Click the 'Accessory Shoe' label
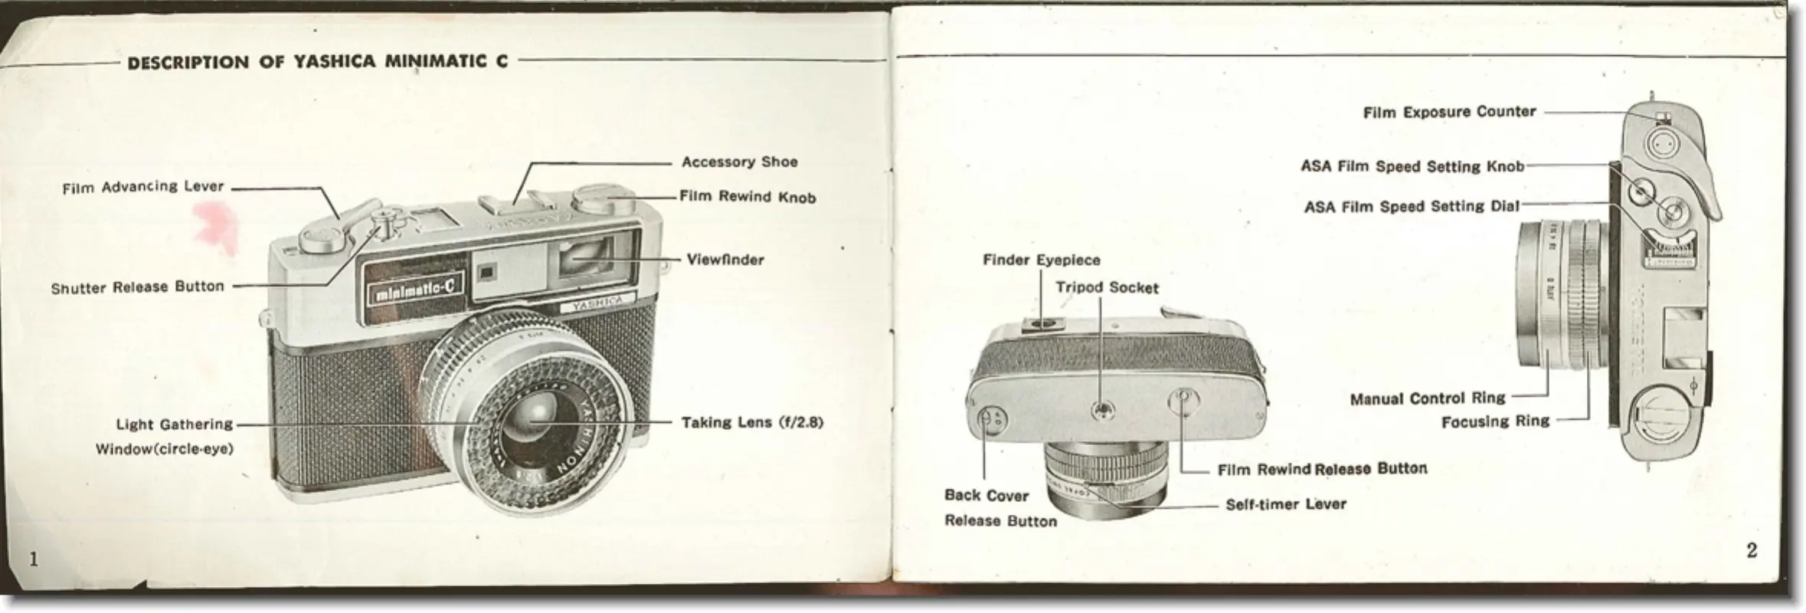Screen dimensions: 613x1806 tap(739, 162)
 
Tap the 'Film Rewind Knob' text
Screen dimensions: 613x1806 tap(748, 197)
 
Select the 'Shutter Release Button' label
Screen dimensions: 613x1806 tap(138, 287)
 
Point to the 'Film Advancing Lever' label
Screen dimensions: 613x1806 tap(143, 187)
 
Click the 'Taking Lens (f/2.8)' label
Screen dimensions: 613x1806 tap(752, 422)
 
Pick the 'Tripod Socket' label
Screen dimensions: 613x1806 tap(1107, 288)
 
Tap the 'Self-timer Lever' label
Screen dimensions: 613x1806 tap(1286, 504)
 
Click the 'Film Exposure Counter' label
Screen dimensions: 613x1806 tap(1449, 113)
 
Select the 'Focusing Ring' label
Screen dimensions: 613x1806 tap(1495, 421)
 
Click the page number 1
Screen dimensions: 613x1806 tap(33, 559)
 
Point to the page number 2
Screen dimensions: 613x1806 tap(1752, 550)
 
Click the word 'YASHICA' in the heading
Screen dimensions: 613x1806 tap(334, 62)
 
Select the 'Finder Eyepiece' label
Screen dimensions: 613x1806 tap(1041, 261)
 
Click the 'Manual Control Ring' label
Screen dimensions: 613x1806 tap(1428, 398)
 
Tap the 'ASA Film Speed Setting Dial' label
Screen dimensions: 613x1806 tap(1412, 207)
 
